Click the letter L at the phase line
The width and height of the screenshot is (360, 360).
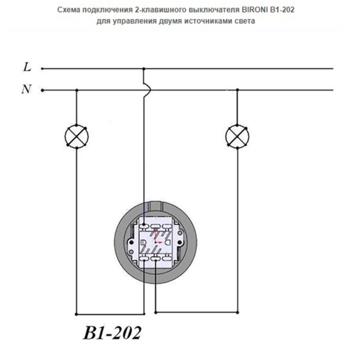coord(27,67)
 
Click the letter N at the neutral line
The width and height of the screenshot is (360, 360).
coord(26,89)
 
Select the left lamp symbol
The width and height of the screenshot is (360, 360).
coord(77,136)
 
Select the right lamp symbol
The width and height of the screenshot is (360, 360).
coord(237,136)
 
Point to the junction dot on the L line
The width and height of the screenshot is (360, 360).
coord(144,68)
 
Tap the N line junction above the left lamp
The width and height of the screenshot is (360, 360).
coord(77,90)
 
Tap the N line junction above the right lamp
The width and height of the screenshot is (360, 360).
coord(237,90)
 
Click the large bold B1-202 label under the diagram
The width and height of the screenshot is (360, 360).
coord(112,333)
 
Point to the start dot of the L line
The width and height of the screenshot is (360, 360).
coord(42,68)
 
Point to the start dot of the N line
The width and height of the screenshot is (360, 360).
coord(42,90)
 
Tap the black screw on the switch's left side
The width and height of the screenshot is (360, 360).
coord(132,242)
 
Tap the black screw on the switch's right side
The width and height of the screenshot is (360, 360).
coord(179,242)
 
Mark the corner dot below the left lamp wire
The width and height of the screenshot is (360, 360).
coord(77,314)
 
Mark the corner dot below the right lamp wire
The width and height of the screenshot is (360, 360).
coord(237,313)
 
